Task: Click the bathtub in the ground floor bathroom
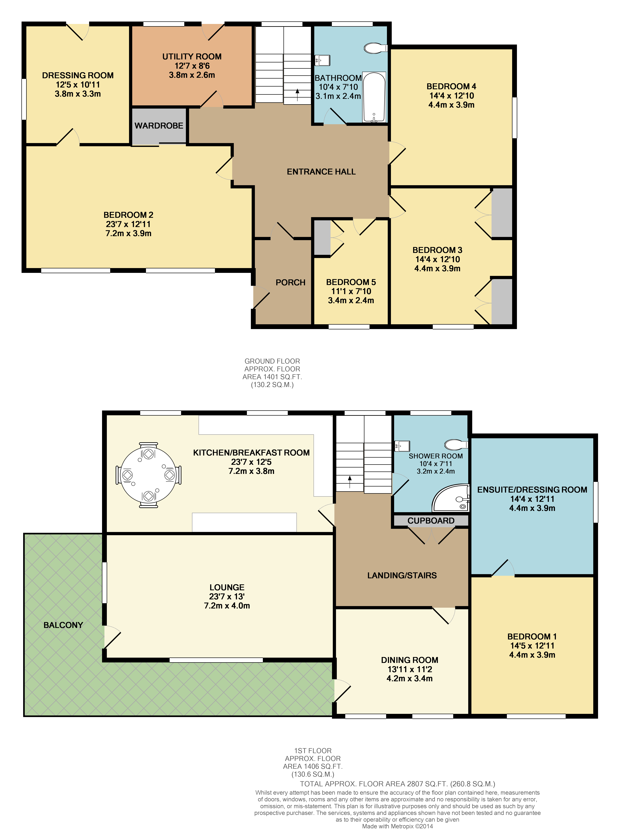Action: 374,97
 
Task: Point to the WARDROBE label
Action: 159,126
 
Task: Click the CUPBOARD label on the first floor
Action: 431,520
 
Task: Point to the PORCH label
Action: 290,282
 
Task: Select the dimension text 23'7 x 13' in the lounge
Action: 227,596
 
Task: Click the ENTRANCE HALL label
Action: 321,172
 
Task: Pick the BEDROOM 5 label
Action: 351,282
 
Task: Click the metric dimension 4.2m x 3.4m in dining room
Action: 409,679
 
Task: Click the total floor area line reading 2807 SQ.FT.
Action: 397,784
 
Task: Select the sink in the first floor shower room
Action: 402,446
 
